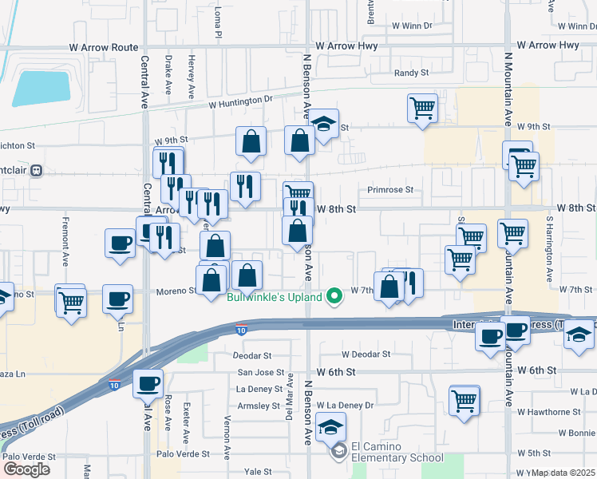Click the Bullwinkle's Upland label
[274, 298]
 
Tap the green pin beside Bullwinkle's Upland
[336, 298]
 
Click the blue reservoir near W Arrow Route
[41, 89]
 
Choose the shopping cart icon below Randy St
[421, 109]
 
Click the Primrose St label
[390, 190]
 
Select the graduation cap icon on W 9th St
[323, 125]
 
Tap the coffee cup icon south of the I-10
[148, 384]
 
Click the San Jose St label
[260, 373]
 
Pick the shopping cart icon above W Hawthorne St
[464, 401]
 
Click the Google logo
[27, 469]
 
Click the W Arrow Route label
[104, 48]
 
